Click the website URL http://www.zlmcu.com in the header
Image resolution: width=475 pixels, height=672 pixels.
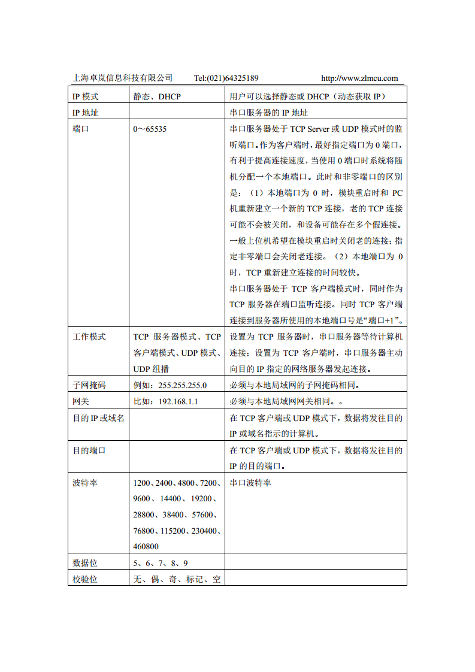pos(359,78)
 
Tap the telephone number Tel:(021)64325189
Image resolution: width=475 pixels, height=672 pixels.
pos(226,78)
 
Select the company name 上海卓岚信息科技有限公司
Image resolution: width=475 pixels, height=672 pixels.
pos(123,78)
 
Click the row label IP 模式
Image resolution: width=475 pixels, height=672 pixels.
pos(86,96)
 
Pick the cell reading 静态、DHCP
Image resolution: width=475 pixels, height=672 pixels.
pos(157,96)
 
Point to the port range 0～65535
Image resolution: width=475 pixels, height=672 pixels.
pos(150,129)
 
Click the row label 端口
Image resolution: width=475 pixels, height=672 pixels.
pos(81,129)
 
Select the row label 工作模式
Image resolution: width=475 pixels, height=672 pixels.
pos(89,337)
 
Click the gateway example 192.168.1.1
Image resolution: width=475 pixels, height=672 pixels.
pos(178,401)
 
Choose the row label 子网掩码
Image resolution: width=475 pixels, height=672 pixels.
pos(89,385)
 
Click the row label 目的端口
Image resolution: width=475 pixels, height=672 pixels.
pos(89,450)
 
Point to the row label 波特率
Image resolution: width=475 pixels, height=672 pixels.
pos(85,483)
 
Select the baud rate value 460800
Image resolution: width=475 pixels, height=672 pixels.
pos(146,546)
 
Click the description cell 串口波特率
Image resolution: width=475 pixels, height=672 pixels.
pos(250,483)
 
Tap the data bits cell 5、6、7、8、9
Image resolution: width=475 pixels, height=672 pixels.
pos(161,563)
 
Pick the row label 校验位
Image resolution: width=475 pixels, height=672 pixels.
pos(85,579)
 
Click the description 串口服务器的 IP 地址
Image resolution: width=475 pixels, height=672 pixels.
pos(269,113)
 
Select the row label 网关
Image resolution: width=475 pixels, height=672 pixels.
pos(81,401)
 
